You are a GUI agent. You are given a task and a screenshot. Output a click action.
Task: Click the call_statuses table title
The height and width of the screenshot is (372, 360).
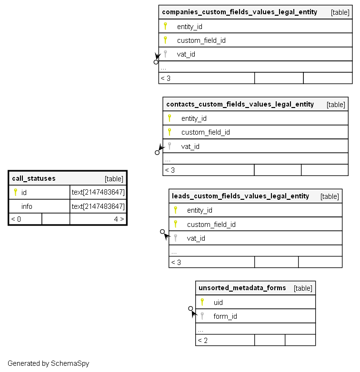click(34, 178)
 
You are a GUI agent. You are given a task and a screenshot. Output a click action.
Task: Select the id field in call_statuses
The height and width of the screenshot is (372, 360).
click(24, 193)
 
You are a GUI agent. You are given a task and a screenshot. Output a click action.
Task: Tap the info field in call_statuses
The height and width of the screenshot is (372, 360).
click(27, 206)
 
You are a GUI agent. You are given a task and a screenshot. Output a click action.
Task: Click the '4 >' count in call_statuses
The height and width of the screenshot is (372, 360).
click(119, 219)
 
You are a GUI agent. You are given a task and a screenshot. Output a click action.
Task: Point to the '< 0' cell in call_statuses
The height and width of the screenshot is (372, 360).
click(16, 219)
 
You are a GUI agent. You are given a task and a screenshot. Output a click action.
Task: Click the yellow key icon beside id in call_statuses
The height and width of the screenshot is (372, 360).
click(15, 192)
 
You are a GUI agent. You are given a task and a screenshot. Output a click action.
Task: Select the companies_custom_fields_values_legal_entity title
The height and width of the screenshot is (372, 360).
click(240, 12)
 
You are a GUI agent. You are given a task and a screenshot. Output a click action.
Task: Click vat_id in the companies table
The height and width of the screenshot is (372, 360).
click(186, 54)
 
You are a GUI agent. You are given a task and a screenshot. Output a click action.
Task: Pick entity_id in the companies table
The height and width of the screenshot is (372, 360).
click(190, 27)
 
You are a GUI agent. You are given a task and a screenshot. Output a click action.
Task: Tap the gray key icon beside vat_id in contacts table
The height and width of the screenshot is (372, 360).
click(169, 146)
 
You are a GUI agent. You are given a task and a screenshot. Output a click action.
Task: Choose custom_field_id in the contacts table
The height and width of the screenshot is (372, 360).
click(205, 132)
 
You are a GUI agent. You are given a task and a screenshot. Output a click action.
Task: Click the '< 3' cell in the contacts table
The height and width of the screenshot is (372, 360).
click(170, 170)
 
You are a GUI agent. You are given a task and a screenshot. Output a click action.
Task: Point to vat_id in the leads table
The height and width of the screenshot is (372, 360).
click(196, 238)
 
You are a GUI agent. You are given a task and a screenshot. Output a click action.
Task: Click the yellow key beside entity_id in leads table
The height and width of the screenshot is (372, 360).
click(175, 210)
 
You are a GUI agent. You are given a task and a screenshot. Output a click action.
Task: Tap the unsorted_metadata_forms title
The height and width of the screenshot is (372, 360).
click(242, 288)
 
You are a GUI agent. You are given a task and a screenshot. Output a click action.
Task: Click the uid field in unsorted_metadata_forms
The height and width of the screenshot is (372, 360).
click(218, 303)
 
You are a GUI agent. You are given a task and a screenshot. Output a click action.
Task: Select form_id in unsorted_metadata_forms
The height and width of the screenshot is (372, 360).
click(225, 316)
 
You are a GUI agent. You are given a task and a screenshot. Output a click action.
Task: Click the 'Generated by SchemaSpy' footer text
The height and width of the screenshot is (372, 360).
click(48, 363)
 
